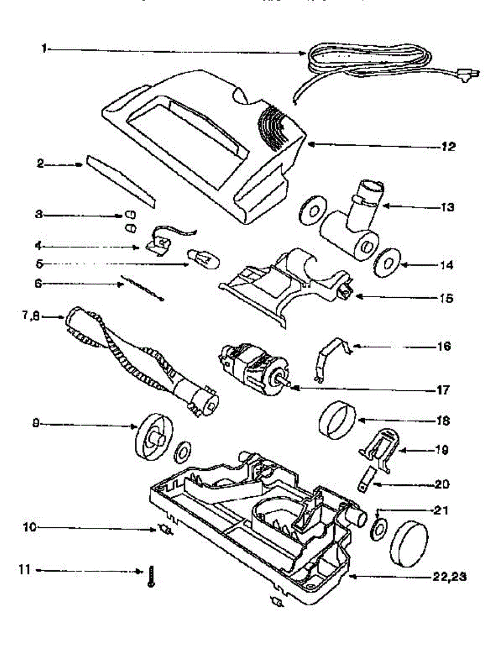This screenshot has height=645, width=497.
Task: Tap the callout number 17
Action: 444,389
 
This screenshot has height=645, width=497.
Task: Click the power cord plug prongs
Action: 474,75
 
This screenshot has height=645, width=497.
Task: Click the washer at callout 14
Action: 387,264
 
